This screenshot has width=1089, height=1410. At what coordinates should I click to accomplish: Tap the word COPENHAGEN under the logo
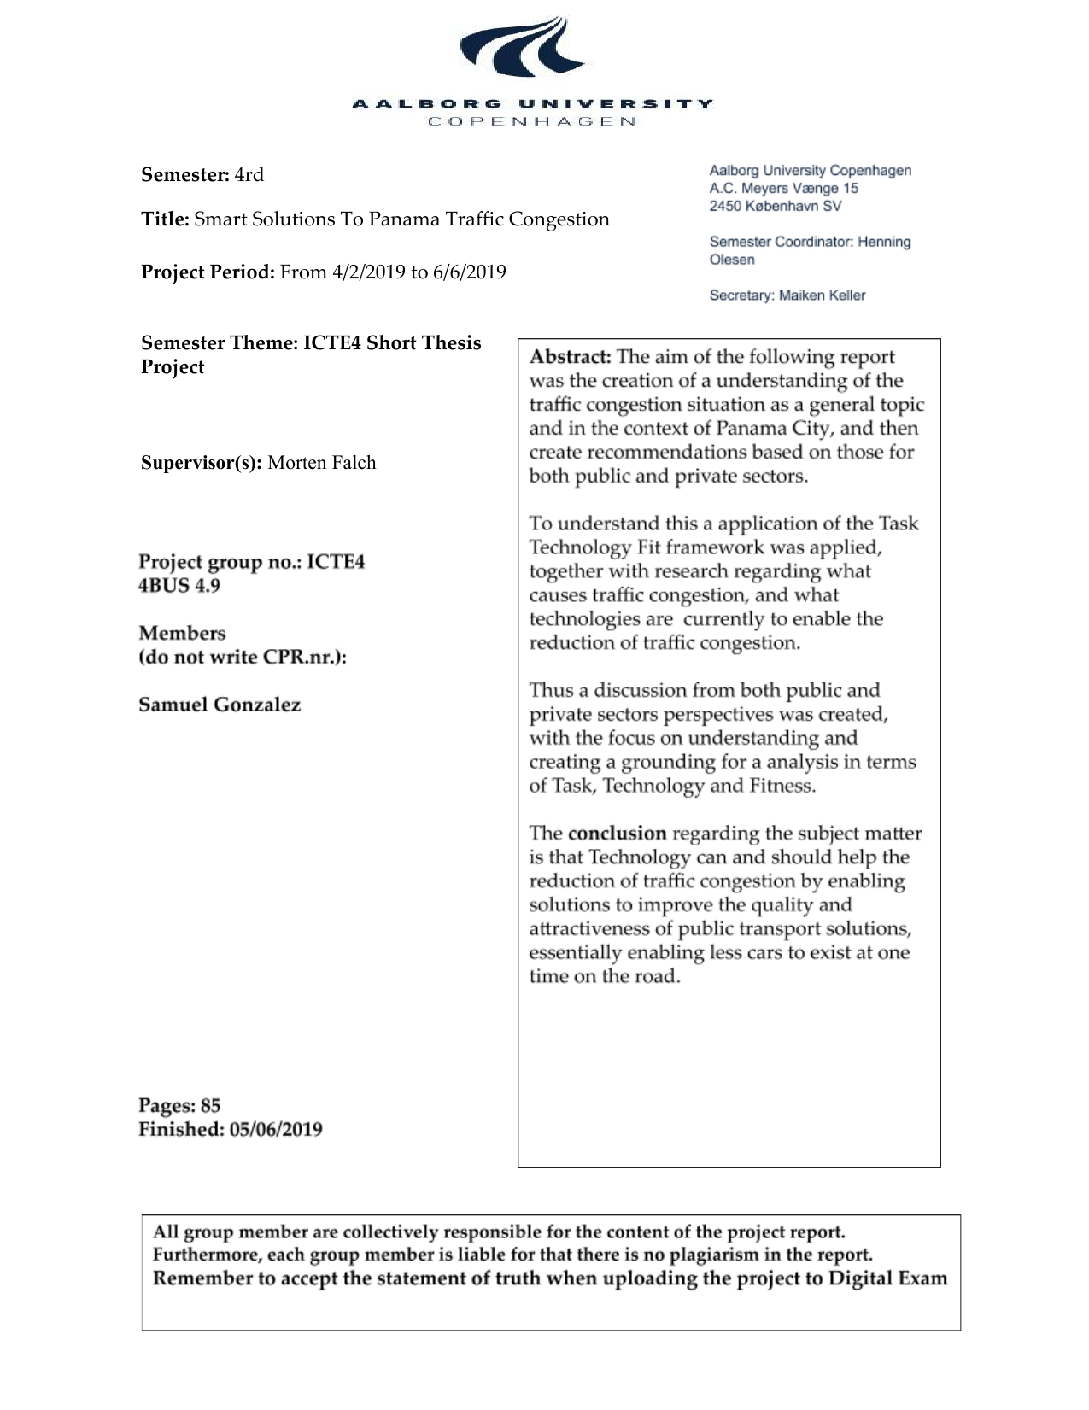(531, 121)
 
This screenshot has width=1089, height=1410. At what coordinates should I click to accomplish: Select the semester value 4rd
(249, 175)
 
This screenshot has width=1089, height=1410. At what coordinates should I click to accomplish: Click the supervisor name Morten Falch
(322, 463)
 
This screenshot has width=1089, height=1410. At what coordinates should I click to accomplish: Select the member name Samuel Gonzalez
(220, 705)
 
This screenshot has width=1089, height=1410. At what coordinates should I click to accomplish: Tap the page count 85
(211, 1106)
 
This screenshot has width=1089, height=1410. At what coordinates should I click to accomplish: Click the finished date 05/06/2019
(276, 1129)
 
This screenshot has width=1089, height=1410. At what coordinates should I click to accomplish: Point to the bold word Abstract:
(570, 357)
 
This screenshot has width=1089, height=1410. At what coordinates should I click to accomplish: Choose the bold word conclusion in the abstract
(617, 833)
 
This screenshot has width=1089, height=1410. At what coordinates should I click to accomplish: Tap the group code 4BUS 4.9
(179, 586)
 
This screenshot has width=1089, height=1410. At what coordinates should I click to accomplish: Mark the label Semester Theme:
(220, 343)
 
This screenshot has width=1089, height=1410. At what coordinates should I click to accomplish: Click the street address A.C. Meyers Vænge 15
(783, 188)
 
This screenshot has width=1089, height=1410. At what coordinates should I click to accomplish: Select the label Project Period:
(208, 272)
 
